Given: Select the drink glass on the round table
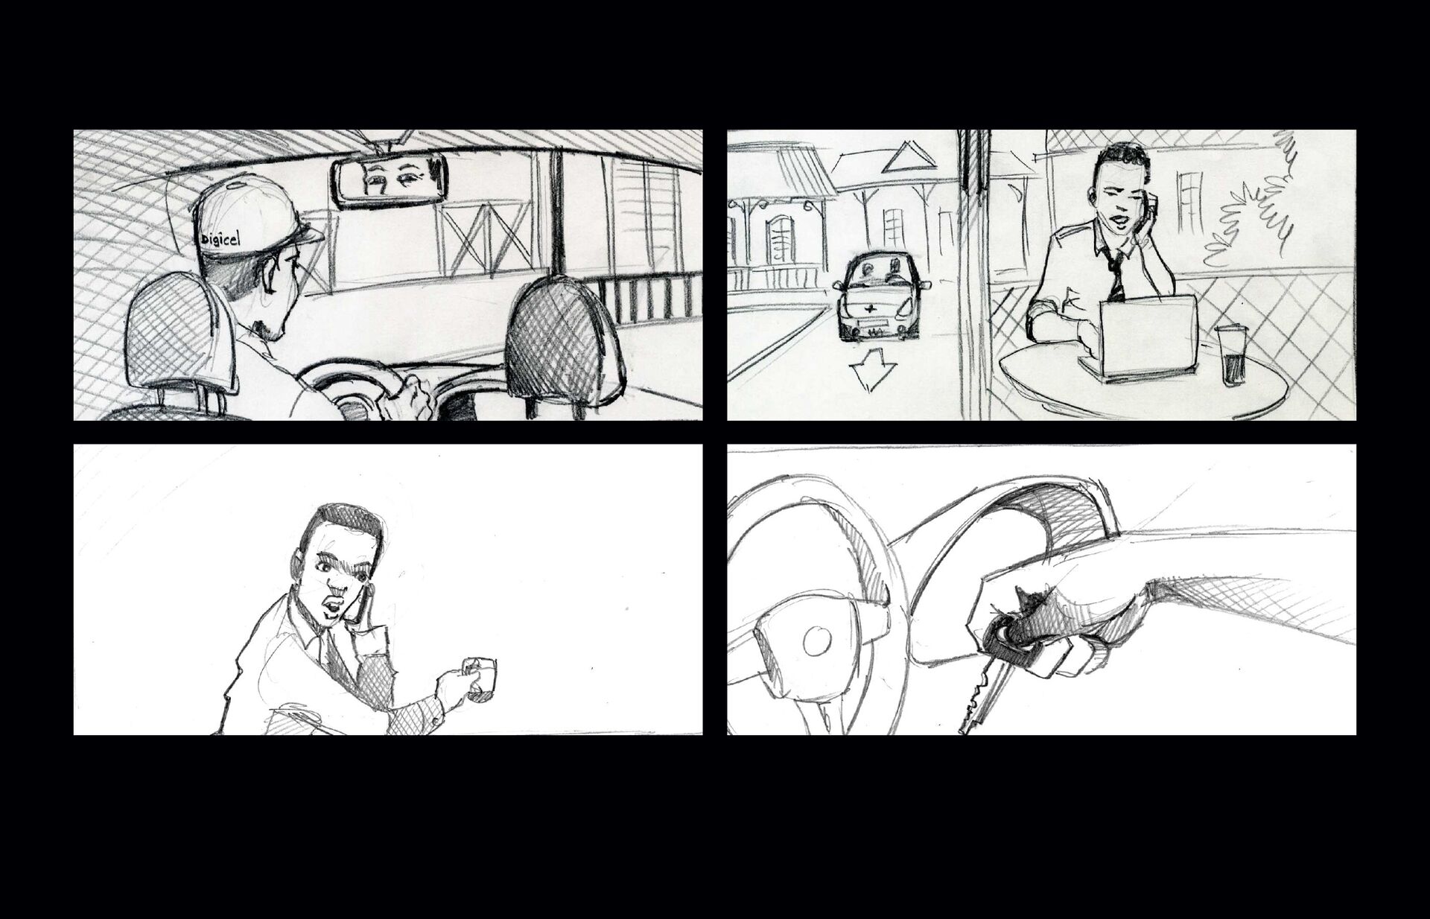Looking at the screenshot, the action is point(1226,356).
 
